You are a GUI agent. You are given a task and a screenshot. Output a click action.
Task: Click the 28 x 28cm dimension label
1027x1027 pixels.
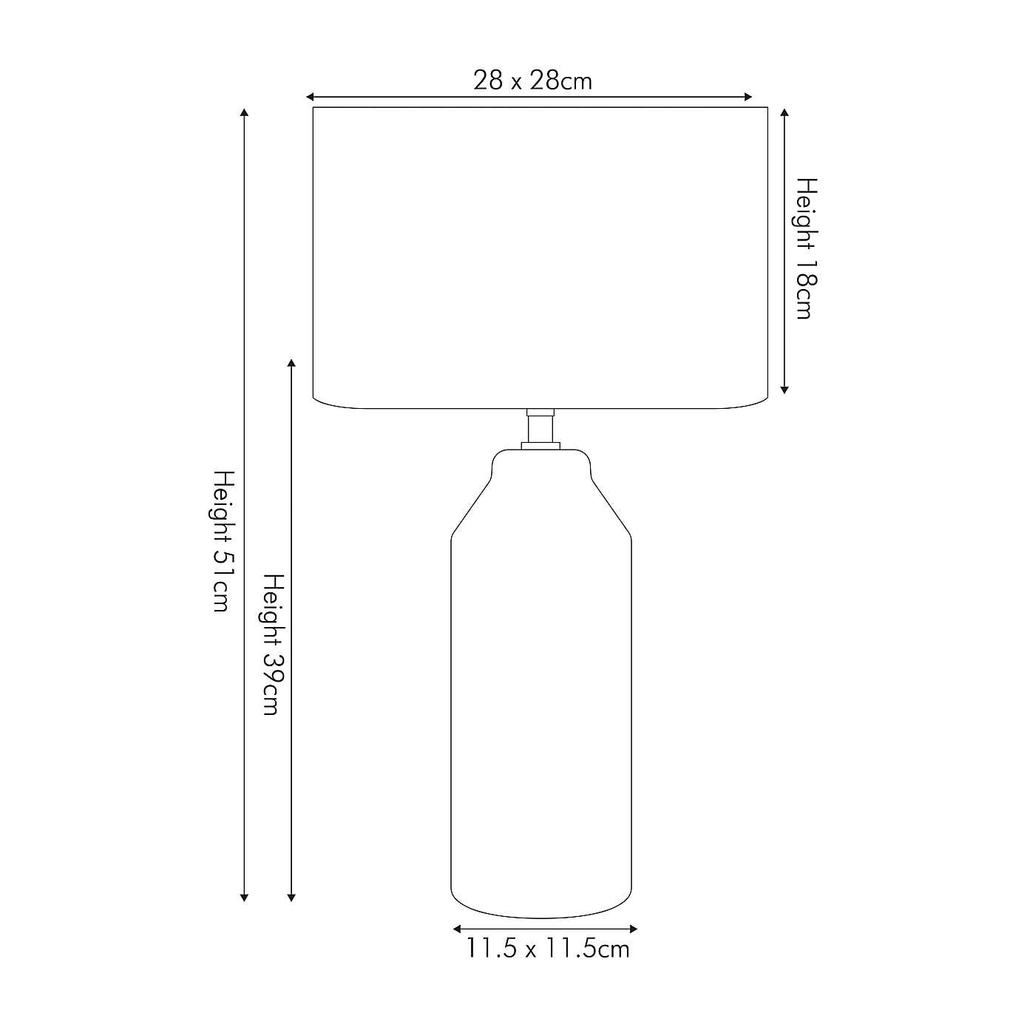532,80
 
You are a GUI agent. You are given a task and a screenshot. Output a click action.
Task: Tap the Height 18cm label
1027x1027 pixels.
805,248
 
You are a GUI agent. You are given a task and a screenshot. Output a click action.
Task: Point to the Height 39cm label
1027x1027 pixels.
273,644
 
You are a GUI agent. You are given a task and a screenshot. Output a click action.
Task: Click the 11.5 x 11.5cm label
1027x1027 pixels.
547,949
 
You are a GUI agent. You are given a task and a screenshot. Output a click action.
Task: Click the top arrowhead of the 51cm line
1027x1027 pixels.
244,112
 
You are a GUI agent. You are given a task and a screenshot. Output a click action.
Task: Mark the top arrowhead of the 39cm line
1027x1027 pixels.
291,364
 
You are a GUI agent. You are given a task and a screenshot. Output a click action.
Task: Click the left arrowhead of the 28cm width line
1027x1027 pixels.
311,97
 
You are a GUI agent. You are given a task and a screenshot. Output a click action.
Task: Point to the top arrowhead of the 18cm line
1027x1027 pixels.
784,112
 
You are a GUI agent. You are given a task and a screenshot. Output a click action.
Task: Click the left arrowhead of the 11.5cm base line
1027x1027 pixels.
457,929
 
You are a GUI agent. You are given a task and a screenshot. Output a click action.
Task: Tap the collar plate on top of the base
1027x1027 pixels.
540,445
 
